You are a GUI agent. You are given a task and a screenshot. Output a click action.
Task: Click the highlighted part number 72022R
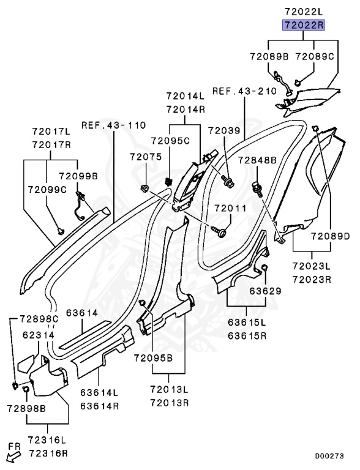click(303, 25)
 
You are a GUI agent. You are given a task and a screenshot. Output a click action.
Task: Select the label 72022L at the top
click(303, 12)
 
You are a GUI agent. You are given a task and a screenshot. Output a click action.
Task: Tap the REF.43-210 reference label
click(244, 91)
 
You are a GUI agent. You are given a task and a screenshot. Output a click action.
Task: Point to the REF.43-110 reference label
click(114, 125)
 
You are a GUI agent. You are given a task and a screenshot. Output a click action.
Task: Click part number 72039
click(225, 131)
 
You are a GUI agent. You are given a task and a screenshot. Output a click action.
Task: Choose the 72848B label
click(257, 160)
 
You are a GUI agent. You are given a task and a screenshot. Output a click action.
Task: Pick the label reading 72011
click(230, 208)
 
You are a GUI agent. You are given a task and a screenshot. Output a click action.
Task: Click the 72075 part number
click(146, 157)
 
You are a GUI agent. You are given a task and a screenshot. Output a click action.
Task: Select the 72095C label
click(170, 141)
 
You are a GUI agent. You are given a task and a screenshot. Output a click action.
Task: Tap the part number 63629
click(266, 291)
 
